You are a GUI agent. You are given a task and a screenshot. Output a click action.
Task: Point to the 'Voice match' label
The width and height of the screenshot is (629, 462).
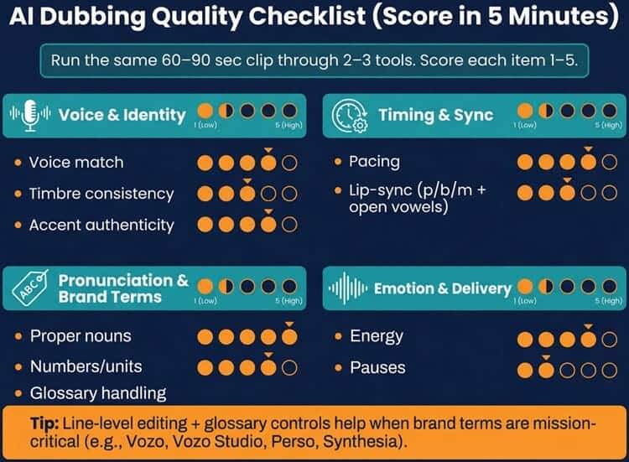click(x=75, y=163)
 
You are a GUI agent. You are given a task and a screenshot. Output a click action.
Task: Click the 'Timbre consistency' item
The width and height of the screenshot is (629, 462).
click(x=101, y=194)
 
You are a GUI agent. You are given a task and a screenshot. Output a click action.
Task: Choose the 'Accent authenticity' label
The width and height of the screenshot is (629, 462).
click(x=101, y=225)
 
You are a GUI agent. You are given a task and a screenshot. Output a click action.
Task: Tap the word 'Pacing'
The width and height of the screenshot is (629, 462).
click(x=374, y=161)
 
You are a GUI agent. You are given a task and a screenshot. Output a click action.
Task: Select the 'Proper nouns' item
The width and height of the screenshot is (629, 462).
click(x=81, y=336)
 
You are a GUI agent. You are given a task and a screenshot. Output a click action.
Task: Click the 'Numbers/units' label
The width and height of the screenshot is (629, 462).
click(x=86, y=367)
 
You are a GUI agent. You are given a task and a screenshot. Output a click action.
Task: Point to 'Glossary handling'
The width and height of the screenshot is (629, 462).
click(x=97, y=392)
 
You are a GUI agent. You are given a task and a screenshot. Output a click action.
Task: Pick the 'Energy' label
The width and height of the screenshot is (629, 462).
click(x=377, y=336)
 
